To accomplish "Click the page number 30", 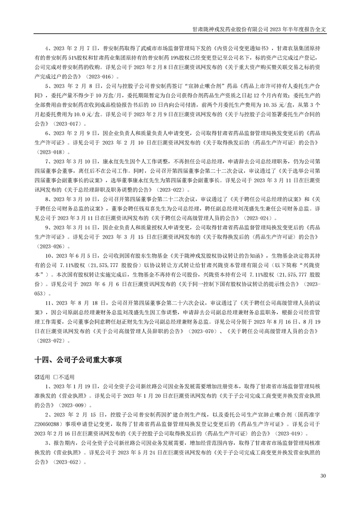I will pos(323,476).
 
